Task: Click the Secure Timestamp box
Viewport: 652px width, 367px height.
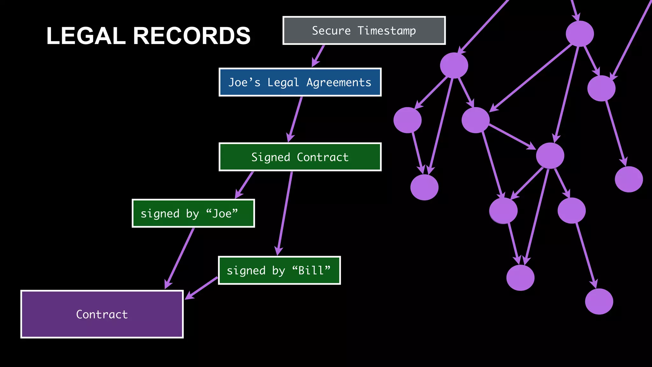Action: (x=364, y=31)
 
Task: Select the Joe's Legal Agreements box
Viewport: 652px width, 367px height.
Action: (x=300, y=82)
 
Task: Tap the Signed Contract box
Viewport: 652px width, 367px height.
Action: (x=300, y=157)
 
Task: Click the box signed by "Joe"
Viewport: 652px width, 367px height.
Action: (x=193, y=213)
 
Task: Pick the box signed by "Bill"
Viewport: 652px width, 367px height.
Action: (x=279, y=270)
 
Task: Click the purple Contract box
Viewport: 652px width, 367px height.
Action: (x=102, y=314)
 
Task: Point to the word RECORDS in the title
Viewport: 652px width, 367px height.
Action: (x=192, y=36)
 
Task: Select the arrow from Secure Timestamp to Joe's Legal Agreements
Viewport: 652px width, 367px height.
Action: (x=318, y=56)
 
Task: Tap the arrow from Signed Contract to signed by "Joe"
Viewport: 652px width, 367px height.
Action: (x=244, y=185)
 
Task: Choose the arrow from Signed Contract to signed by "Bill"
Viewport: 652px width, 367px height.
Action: (x=285, y=213)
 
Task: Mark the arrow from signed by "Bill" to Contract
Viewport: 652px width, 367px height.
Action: (x=202, y=288)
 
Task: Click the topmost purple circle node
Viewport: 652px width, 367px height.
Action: (x=580, y=34)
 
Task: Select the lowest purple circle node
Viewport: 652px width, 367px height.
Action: (x=599, y=301)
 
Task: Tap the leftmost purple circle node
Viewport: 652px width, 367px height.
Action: (x=407, y=120)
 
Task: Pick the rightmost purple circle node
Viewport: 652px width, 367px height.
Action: (x=628, y=179)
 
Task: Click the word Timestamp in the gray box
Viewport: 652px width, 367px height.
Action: (x=386, y=31)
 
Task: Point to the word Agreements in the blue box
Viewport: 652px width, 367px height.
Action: (x=339, y=83)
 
